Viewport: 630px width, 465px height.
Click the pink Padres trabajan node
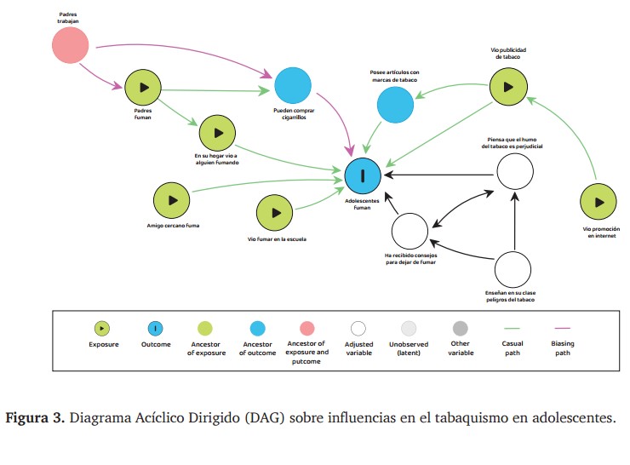[x=70, y=44]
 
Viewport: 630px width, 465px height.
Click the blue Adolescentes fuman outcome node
[x=364, y=176]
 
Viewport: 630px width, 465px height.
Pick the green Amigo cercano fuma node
[x=171, y=200]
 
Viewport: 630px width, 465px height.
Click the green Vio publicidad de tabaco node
[x=507, y=87]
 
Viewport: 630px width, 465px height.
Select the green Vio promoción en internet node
[x=598, y=203]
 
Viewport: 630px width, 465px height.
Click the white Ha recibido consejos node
[x=409, y=230]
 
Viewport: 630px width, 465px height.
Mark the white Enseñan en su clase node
[x=516, y=269]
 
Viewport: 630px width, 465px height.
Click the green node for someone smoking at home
[x=217, y=133]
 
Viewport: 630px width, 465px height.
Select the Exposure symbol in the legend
[x=103, y=328]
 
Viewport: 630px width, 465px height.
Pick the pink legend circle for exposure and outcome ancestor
[x=307, y=328]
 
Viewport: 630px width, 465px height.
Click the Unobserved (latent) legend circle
[x=409, y=328]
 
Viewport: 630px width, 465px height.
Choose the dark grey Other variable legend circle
[x=461, y=328]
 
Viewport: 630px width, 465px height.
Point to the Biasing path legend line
[x=563, y=328]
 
